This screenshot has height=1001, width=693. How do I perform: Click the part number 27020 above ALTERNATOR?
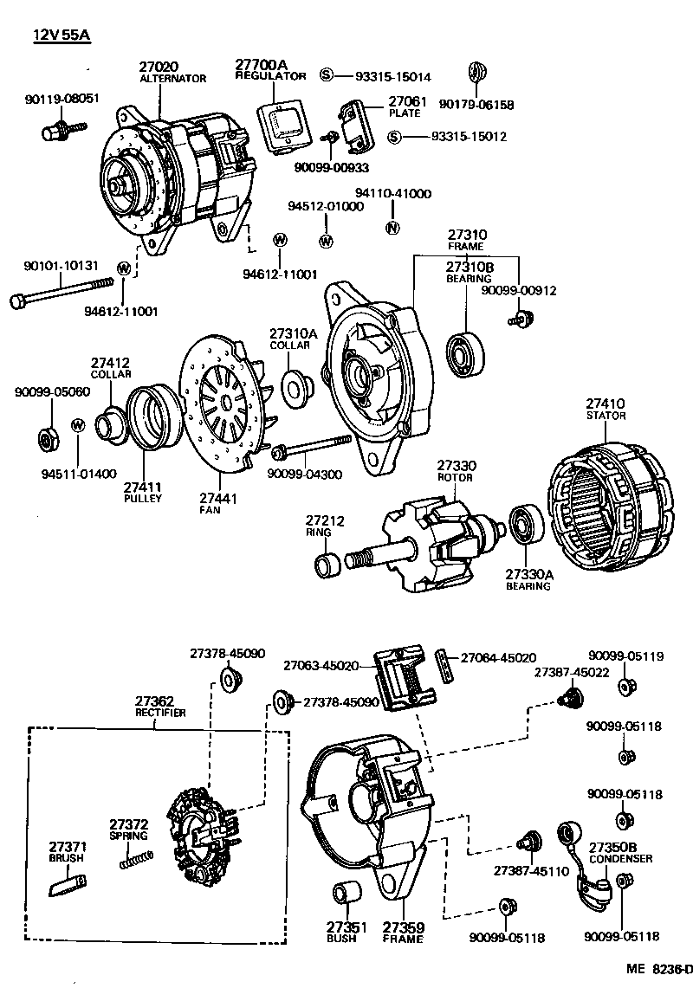(158, 66)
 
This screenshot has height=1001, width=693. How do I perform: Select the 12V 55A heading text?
(62, 36)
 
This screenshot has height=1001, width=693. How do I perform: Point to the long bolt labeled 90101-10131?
(61, 293)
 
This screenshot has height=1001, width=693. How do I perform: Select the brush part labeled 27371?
(68, 886)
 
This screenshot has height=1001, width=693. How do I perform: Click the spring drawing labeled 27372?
(137, 860)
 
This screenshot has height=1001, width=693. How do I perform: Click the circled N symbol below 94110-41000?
(392, 228)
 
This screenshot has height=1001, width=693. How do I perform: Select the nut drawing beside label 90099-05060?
(47, 437)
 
